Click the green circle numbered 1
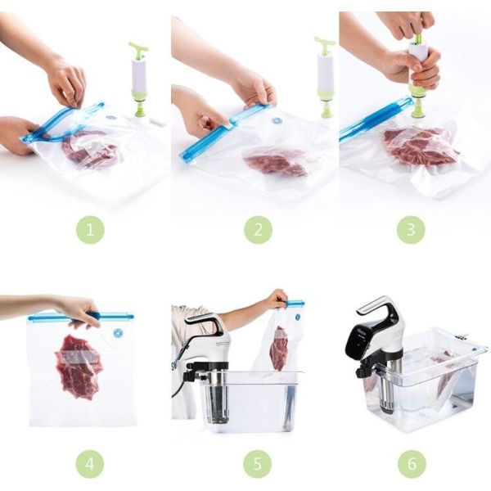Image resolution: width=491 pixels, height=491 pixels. click(90, 230)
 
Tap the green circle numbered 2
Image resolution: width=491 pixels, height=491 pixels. click(258, 230)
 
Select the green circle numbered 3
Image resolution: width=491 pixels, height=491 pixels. click(411, 230)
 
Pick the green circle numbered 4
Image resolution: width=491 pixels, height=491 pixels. click(90, 464)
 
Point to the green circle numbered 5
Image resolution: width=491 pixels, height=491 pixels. click(258, 464)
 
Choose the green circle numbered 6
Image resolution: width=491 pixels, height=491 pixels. click(411, 464)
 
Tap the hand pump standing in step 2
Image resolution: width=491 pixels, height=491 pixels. click(325, 78)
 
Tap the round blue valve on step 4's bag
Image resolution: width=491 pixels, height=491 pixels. click(119, 333)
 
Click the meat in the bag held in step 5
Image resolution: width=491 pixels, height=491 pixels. click(279, 348)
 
